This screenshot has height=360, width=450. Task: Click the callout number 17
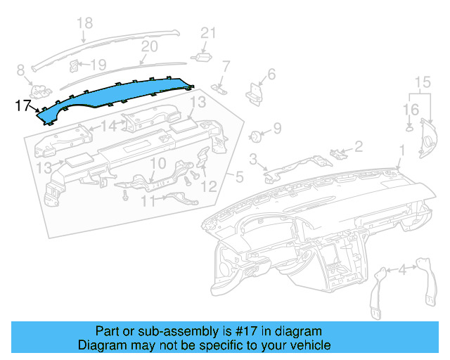click(x=22, y=106)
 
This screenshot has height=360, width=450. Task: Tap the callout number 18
click(x=84, y=23)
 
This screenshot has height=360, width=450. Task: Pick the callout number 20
click(x=148, y=47)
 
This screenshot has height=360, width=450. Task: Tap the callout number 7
click(x=226, y=67)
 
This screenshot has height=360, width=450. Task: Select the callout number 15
click(x=422, y=84)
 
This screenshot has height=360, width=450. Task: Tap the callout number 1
click(x=402, y=150)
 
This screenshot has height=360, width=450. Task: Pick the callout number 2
click(x=358, y=146)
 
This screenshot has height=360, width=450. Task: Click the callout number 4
click(x=401, y=269)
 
